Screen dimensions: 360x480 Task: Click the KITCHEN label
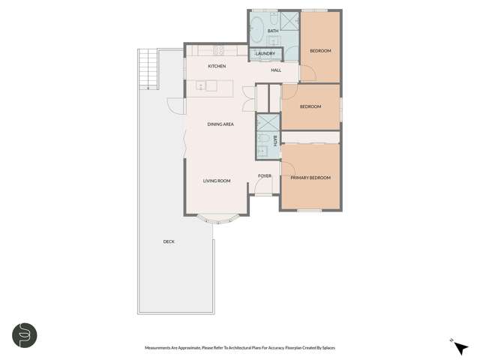point(217,67)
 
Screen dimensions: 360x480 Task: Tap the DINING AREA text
point(220,124)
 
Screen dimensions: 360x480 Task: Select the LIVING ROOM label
point(216,181)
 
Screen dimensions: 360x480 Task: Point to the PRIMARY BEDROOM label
point(310,178)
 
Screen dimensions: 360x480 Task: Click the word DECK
point(169,241)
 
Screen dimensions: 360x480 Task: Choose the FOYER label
point(264,176)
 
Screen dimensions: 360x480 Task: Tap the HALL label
point(275,70)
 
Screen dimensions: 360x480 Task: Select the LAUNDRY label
point(264,54)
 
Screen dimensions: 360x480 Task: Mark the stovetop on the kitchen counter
point(220,50)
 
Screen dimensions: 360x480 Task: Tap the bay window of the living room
point(216,219)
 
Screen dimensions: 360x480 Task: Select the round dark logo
point(23,334)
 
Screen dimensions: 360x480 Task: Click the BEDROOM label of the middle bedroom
point(310,106)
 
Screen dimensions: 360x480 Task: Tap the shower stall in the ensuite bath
point(266,123)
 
